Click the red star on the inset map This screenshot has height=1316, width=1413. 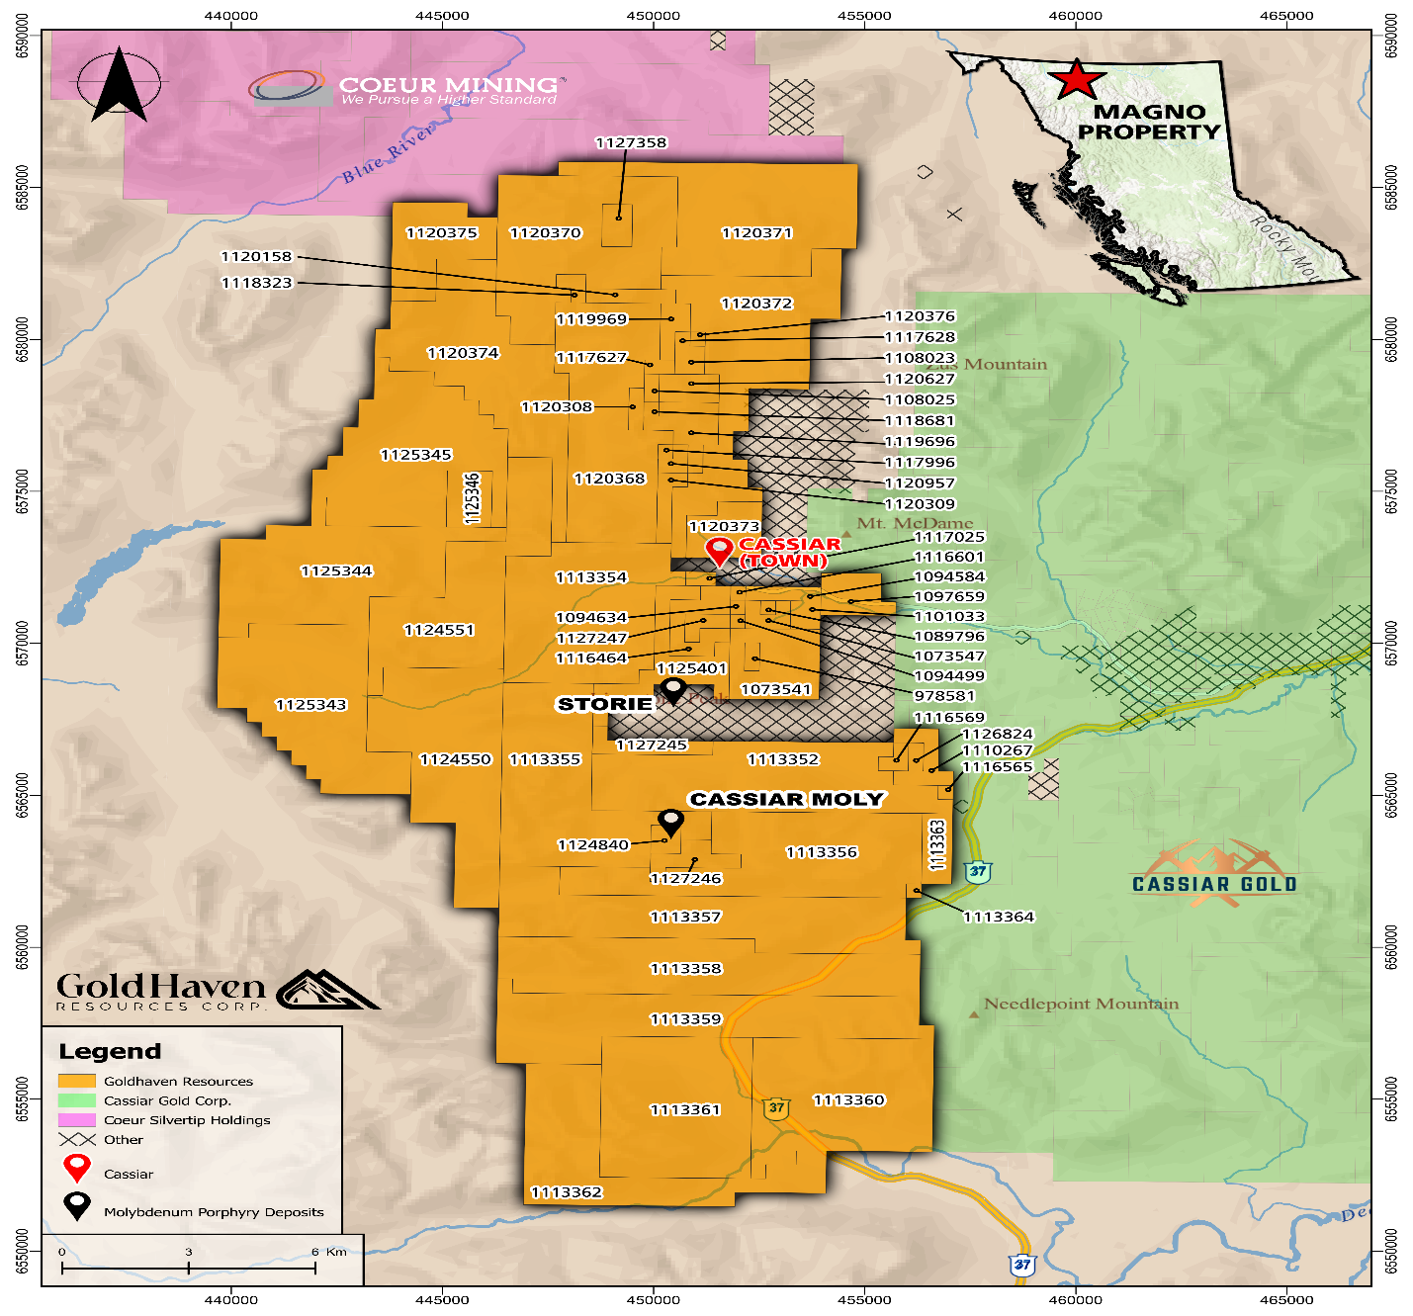point(1076,80)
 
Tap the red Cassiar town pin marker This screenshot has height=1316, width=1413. point(719,551)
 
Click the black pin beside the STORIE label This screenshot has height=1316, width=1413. point(673,689)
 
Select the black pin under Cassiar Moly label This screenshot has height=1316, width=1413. point(671,822)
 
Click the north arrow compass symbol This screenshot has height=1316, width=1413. point(119,84)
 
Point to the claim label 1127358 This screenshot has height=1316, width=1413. point(631,143)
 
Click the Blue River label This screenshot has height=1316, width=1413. point(388,155)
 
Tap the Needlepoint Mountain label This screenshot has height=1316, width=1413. point(1081,1005)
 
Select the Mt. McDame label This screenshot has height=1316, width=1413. point(915,523)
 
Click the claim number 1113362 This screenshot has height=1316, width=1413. point(567,1192)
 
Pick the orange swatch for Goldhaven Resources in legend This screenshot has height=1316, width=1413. point(77,1081)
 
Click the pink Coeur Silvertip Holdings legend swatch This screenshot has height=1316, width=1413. point(77,1120)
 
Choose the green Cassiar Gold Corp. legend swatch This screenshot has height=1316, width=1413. point(77,1100)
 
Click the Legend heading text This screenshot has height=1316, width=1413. point(110,1052)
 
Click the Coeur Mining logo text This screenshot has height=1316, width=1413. point(448,86)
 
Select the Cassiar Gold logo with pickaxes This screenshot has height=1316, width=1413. point(1214,874)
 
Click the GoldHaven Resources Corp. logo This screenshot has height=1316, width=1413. point(216,990)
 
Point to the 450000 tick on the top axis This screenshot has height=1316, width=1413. point(654,16)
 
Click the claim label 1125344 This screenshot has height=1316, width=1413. point(336,571)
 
